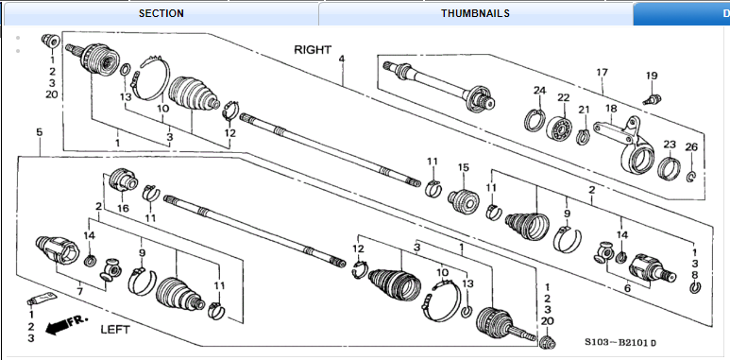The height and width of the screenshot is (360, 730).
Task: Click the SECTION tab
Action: pos(161,13)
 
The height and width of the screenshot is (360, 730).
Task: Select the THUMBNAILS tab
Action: pos(475,13)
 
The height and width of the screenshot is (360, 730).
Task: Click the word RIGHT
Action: pos(313,50)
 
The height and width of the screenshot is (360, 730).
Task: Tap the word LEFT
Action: pos(115,330)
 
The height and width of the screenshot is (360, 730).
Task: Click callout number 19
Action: pos(652,76)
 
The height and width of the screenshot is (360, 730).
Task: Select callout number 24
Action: pos(539,91)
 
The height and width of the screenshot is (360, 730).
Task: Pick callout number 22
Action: pos(564,97)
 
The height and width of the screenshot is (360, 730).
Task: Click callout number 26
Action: pos(691,147)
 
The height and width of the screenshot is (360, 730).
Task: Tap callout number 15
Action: pos(464,167)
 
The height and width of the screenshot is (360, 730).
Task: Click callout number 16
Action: pos(123,208)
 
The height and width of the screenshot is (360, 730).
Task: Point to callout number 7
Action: pos(79,292)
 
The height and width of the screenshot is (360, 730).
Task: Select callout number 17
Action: pos(602,72)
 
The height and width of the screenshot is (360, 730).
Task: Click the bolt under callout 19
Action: pos(652,99)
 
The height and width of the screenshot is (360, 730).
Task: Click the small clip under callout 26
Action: pos(692,176)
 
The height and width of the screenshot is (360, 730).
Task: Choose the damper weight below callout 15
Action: pos(464,200)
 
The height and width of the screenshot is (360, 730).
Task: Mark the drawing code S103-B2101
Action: pos(620,343)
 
